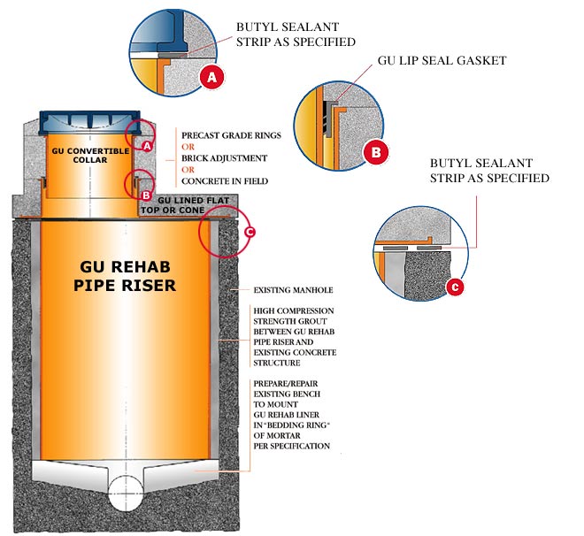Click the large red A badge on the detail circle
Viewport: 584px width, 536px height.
pos(211,77)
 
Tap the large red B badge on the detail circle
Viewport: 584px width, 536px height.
pos(376,152)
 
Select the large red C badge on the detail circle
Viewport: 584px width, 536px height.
pos(455,287)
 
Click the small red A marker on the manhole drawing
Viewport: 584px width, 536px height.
pos(148,146)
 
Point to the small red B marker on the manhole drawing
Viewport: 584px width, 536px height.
pos(146,195)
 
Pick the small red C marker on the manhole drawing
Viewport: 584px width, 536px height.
pos(250,232)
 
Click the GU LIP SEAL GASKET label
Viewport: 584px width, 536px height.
pos(442,61)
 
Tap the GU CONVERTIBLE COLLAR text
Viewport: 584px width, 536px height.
pos(90,155)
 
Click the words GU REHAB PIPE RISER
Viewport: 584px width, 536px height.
pos(125,276)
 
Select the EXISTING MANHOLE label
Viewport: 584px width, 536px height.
pos(293,290)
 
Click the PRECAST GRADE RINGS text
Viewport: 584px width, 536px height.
pos(231,135)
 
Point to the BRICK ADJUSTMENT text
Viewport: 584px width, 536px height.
pos(224,158)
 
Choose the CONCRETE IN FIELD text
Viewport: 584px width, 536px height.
pos(225,181)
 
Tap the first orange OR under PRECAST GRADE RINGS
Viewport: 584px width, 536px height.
pos(188,147)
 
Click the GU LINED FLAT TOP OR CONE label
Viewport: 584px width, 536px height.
pos(185,205)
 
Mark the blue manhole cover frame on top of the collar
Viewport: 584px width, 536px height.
pos(89,123)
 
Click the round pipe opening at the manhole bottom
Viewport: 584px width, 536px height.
pos(126,493)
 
